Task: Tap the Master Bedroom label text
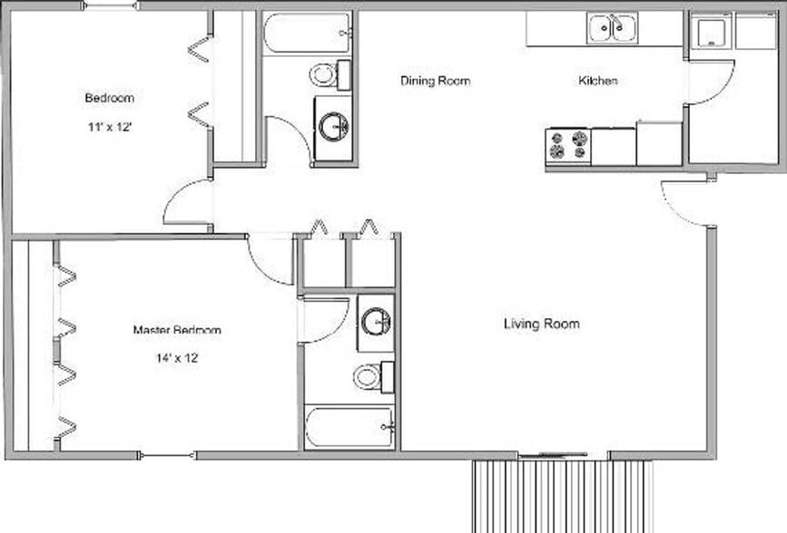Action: pos(177,330)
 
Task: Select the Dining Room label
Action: pos(436,81)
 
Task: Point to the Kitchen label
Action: pos(598,81)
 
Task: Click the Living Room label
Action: pos(541,324)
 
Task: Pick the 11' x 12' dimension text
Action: pos(111,128)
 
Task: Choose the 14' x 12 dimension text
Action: pos(177,358)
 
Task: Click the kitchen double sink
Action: pos(611,28)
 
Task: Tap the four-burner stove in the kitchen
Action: pos(567,146)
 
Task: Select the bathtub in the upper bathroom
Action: pos(307,33)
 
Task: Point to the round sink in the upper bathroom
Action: pos(333,127)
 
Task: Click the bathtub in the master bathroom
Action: pos(349,427)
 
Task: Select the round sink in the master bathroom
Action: pos(375,321)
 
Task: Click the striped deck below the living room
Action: pos(563,495)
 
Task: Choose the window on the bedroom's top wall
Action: pos(110,6)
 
